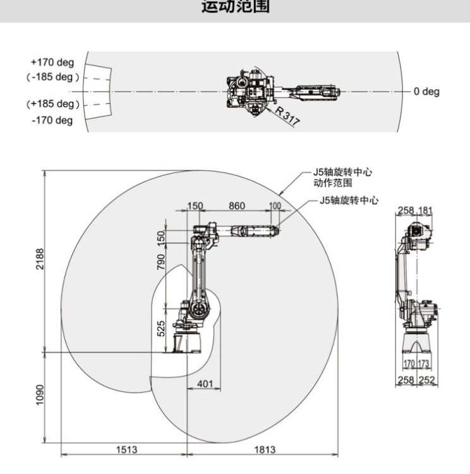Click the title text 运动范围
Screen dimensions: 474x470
234,8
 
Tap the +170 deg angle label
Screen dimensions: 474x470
52,63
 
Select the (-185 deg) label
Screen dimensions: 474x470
54,77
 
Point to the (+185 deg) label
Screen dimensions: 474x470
53,104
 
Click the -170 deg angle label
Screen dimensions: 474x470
52,120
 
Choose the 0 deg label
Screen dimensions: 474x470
426,92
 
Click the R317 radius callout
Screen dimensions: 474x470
287,118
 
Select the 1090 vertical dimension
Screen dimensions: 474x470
39,396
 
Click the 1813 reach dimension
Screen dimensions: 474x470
265,449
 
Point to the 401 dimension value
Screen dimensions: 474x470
205,383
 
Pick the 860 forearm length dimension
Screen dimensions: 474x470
237,206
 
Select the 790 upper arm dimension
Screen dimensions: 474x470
161,260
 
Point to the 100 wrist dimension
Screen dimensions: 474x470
275,206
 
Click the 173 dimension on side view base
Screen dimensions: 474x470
424,364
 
